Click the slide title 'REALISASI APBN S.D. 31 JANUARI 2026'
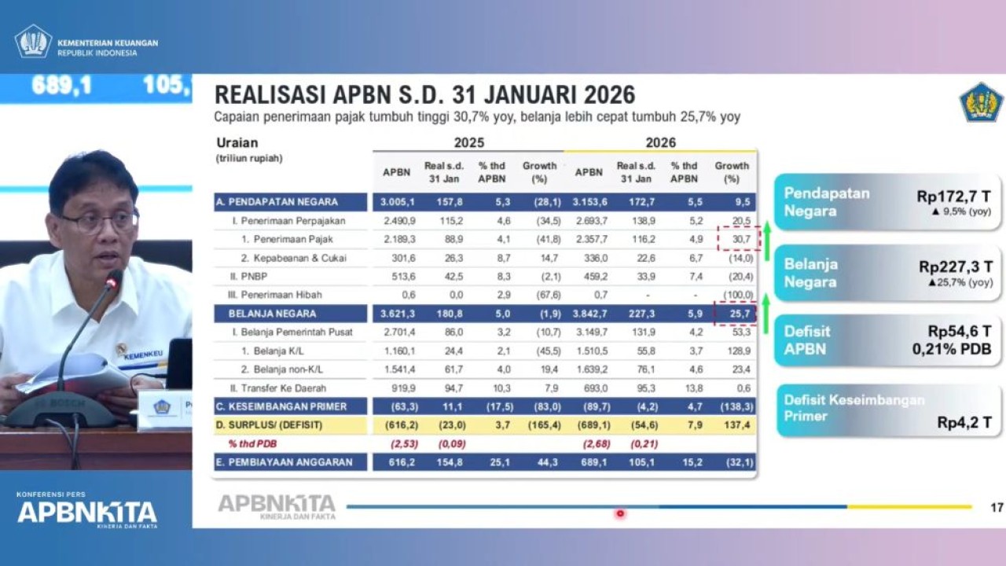(x=424, y=95)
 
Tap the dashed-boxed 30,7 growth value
(x=736, y=239)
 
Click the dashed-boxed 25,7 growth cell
(x=736, y=314)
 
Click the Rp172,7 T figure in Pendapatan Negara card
(x=953, y=197)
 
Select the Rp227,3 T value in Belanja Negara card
(x=955, y=267)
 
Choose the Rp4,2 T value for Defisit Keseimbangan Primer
(x=964, y=422)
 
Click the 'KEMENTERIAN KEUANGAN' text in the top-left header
(x=108, y=43)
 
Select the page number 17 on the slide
(x=997, y=508)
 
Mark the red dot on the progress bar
(x=620, y=513)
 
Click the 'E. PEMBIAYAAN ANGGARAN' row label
(x=285, y=462)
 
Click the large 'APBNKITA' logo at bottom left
(x=87, y=513)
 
